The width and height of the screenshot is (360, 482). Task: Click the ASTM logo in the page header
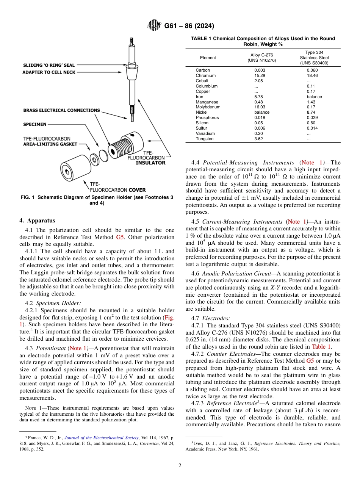tap(154, 26)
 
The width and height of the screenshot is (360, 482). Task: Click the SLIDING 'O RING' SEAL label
tap(49, 65)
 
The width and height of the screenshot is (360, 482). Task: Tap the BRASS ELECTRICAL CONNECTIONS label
tap(61, 111)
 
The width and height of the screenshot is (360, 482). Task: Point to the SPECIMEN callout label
tap(35, 124)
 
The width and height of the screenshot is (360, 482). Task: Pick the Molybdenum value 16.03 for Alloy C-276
tap(259, 107)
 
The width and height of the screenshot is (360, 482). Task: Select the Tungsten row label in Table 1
tap(204, 139)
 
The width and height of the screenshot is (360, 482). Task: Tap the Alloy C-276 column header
tap(261, 58)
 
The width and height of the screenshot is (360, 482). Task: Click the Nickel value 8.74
tap(312, 113)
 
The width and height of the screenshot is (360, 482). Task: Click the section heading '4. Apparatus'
tap(37, 221)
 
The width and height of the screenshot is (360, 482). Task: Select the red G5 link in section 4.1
tap(120, 237)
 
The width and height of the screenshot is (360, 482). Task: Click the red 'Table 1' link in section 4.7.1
tap(321, 346)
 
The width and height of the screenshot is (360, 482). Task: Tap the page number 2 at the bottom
tap(180, 465)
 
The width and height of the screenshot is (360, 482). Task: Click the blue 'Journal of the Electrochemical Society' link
tap(102, 438)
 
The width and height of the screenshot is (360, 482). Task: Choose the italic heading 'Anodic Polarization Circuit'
tap(233, 274)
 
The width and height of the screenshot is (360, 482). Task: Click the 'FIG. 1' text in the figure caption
tap(28, 197)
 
